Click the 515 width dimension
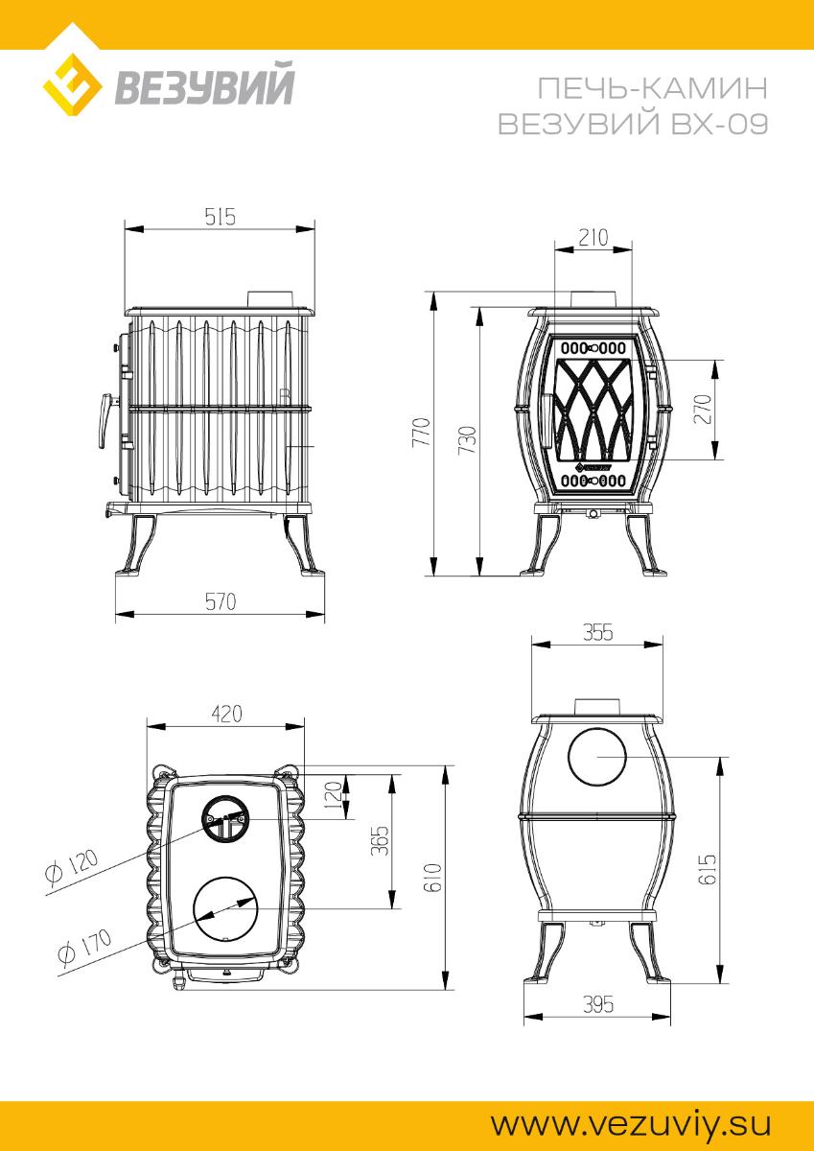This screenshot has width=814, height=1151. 220,217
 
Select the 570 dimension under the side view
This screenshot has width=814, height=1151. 221,601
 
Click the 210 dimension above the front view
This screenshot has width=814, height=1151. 593,238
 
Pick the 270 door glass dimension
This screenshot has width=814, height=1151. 704,409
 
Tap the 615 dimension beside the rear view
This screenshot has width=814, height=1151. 707,869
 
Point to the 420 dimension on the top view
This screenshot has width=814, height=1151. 226,714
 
